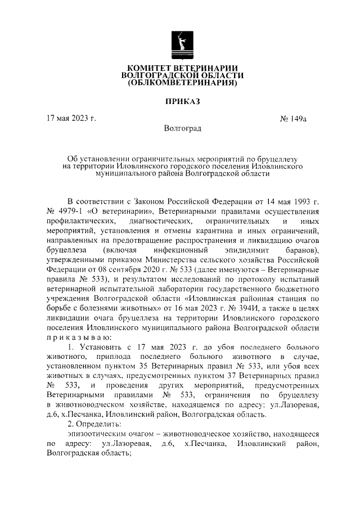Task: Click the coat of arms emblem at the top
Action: pyautogui.click(x=181, y=45)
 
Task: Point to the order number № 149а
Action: pyautogui.click(x=292, y=119)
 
